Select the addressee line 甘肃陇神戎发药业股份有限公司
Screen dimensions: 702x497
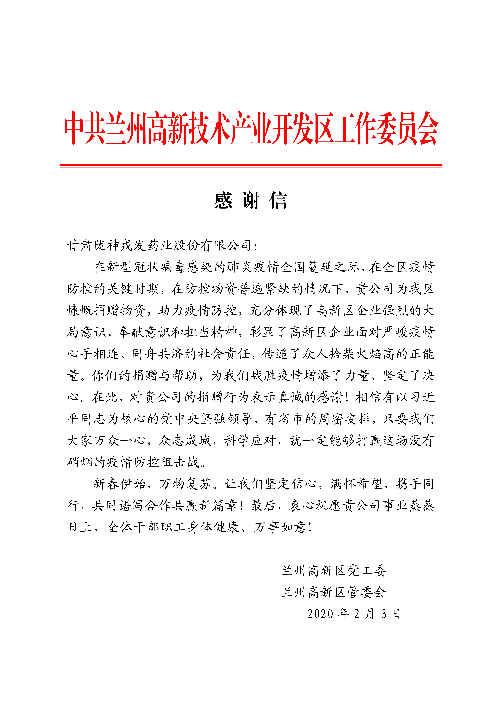(x=159, y=246)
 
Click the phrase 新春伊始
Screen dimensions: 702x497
(x=119, y=484)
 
